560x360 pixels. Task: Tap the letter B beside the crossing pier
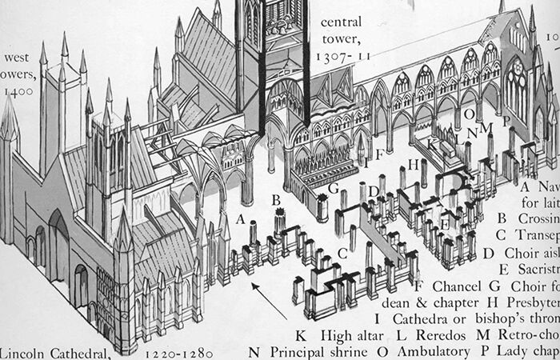[x=276, y=199]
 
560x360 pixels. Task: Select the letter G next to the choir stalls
[x=334, y=187]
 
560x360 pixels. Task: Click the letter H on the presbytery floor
[x=412, y=163]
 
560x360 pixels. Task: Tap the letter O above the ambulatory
[x=469, y=113]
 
